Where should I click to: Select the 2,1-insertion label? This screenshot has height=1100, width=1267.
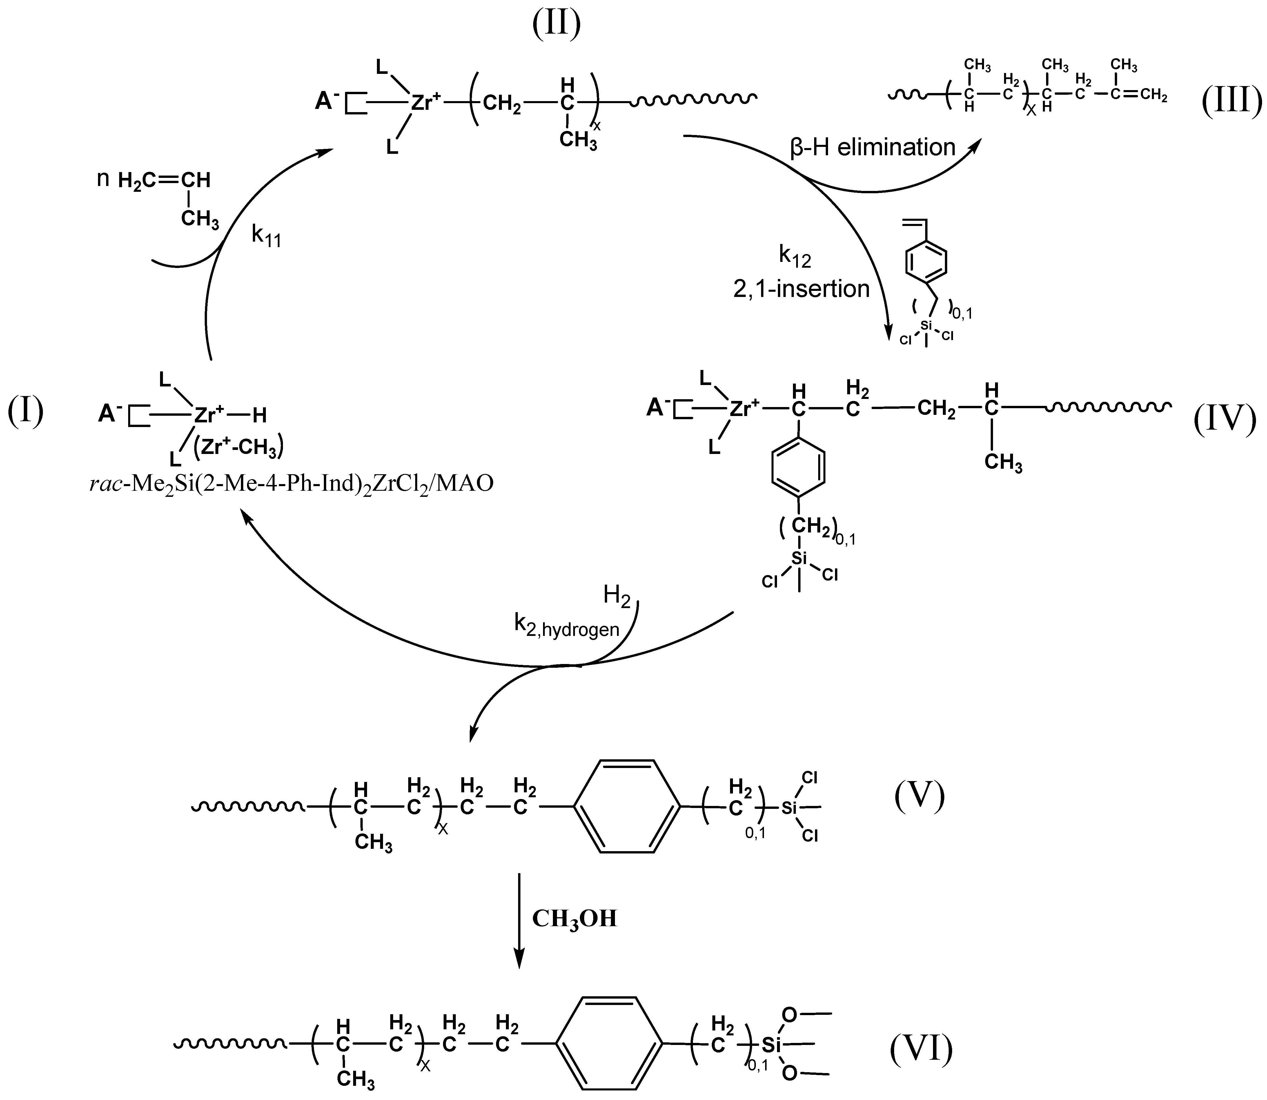coord(801,289)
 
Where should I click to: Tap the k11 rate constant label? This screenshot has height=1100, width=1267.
coord(266,235)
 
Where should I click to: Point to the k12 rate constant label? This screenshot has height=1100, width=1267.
coord(795,257)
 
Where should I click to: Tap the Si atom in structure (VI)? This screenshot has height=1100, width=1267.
coord(771,1044)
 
